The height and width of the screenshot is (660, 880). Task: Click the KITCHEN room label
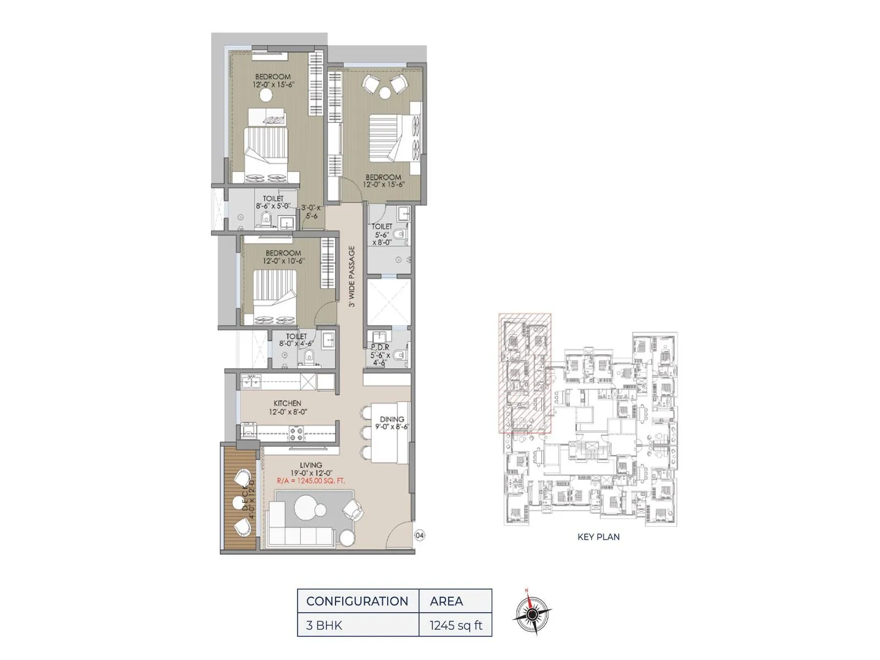click(287, 404)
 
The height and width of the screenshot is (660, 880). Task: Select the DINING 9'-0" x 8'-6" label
click(392, 423)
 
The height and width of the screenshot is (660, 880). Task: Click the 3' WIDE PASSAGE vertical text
click(352, 276)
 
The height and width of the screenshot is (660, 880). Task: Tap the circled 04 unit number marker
click(420, 535)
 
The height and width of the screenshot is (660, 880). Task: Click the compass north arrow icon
click(531, 613)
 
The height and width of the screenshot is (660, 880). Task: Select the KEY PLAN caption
click(598, 537)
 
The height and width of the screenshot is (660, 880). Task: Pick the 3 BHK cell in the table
click(324, 625)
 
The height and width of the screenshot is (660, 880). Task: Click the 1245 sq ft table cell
click(456, 625)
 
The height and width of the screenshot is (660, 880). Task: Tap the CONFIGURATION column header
click(357, 601)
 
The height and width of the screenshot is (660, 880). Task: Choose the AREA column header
click(446, 601)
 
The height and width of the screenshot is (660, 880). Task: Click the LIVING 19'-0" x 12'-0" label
click(311, 469)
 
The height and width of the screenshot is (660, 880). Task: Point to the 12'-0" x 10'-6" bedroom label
click(283, 257)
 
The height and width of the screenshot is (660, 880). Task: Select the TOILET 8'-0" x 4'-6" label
click(296, 340)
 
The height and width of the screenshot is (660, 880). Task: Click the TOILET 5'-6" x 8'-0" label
click(382, 234)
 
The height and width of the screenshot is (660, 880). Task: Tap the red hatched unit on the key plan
click(525, 374)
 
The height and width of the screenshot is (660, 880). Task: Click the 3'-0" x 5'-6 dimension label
click(311, 212)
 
